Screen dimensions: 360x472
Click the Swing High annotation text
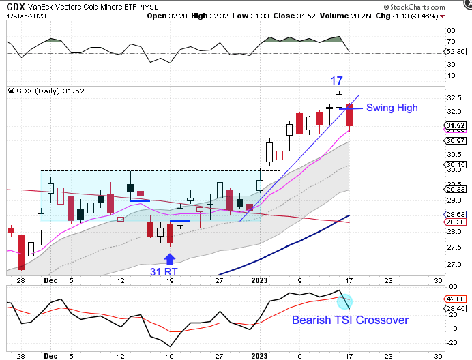(392, 108)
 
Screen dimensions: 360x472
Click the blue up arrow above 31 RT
(170, 258)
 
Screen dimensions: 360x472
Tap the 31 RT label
(166, 271)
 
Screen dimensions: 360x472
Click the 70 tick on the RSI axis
(451, 42)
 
